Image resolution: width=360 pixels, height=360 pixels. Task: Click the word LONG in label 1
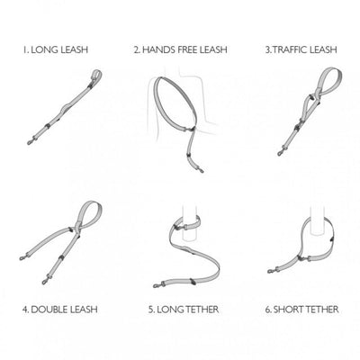(45, 49)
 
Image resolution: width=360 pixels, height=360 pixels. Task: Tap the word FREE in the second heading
(188, 49)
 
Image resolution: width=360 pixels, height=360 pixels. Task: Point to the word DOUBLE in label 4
(49, 310)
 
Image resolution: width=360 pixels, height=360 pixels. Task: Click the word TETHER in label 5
(202, 310)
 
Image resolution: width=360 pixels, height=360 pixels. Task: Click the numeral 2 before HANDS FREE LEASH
(137, 49)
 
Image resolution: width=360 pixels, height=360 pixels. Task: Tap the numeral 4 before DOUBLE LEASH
(25, 310)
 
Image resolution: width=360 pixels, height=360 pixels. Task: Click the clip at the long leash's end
(31, 141)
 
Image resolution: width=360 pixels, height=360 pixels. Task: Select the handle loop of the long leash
(96, 74)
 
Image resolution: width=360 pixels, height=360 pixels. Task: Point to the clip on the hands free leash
(201, 170)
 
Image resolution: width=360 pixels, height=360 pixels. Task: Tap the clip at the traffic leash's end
(281, 153)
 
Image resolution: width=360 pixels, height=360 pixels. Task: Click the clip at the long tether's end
(157, 285)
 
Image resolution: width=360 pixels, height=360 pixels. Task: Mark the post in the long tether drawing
(190, 222)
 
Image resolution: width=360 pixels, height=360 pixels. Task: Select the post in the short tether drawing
(318, 220)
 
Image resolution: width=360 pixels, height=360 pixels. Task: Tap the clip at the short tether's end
(271, 271)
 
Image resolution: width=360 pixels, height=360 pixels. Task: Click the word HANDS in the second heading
(158, 49)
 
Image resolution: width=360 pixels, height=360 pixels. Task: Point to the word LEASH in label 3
(323, 49)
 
